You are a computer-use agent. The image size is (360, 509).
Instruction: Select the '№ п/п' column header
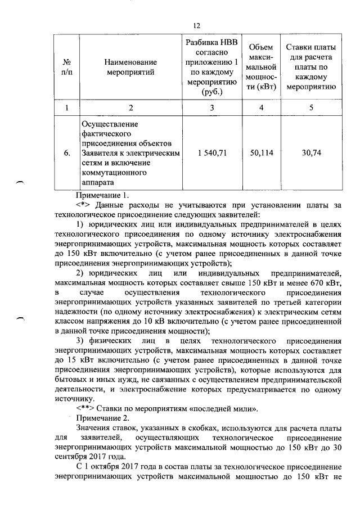[x=66, y=67]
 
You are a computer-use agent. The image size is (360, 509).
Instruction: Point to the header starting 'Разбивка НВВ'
[x=211, y=67]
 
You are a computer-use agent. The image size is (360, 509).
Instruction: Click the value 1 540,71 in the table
[x=212, y=153]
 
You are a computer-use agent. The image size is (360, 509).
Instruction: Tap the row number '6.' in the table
[x=66, y=153]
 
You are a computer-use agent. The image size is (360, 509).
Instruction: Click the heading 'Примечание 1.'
[x=102, y=196]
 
